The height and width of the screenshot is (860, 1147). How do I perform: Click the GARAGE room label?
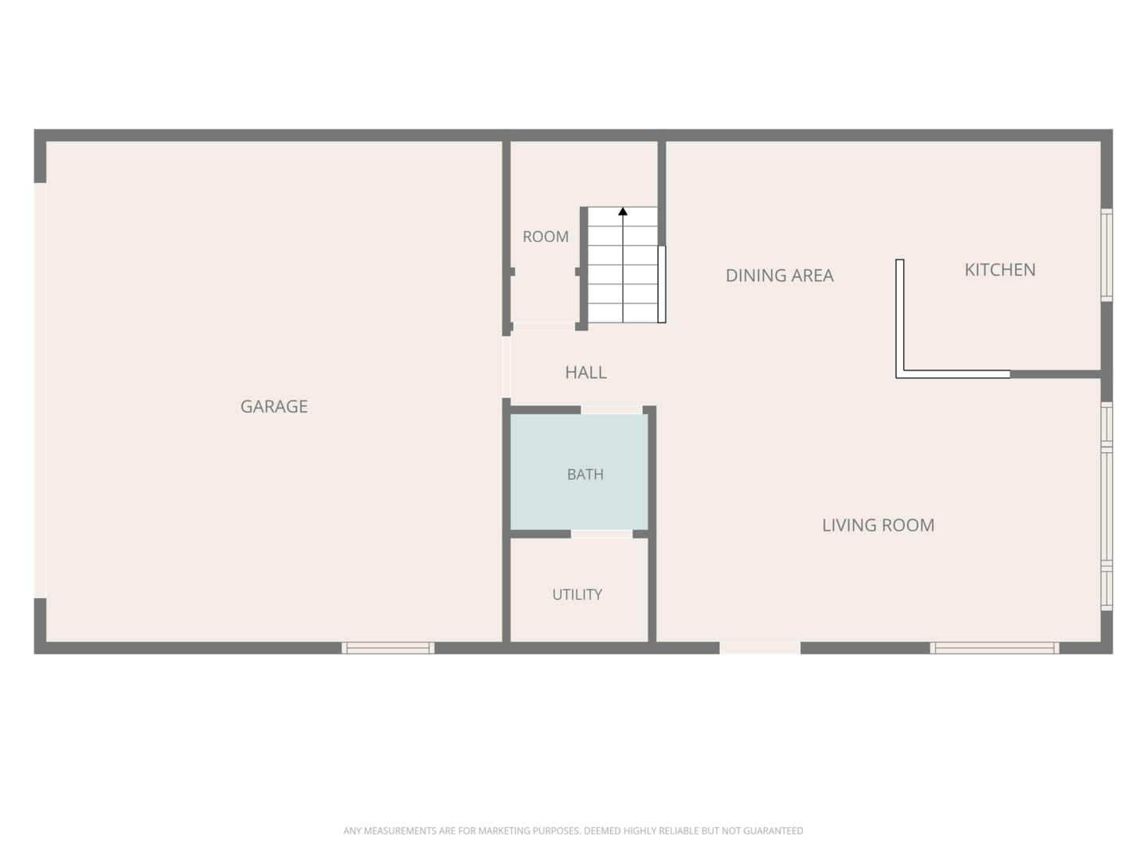pos(274,406)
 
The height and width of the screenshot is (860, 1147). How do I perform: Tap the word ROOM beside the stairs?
pos(546,236)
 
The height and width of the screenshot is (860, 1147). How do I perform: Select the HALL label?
pos(585,373)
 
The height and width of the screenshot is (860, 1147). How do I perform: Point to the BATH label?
pos(585,474)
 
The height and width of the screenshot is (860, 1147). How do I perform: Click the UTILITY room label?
pos(577,594)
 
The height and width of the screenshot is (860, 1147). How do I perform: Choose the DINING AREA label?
pos(780,276)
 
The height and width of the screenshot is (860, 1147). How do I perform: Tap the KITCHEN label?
pos(1000,269)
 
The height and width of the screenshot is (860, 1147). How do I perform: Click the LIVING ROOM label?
pos(878,525)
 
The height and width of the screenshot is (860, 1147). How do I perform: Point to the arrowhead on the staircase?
pos(622,212)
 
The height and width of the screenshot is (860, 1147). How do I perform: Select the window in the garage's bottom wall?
pos(388,648)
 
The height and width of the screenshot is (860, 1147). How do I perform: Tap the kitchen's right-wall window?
pos(1106,255)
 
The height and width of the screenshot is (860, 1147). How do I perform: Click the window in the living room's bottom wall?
pos(994,648)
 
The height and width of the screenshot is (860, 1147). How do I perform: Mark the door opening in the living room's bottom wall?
pos(760,648)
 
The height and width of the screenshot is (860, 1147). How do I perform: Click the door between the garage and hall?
pos(506,367)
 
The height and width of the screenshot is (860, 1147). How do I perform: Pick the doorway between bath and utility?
pos(601,534)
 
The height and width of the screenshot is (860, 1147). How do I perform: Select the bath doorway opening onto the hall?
pos(612,410)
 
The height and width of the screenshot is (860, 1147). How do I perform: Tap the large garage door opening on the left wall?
pos(41,390)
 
